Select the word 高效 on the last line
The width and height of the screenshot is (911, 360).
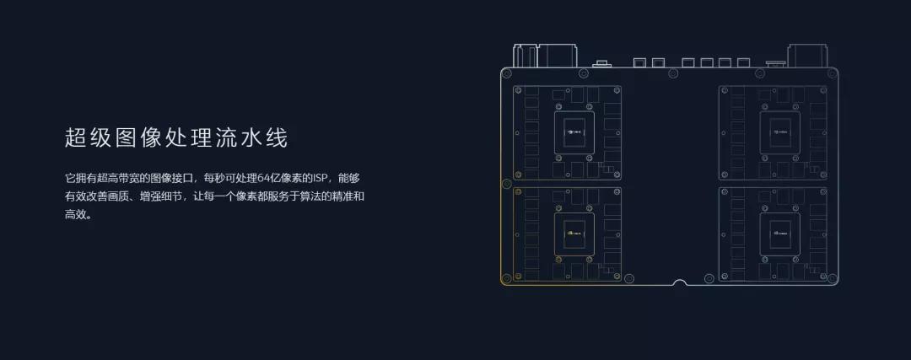pos(75,214)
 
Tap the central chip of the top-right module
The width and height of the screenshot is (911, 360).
pos(779,132)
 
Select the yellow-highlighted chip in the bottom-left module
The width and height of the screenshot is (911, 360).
pos(574,230)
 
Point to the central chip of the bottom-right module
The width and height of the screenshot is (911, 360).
pos(779,230)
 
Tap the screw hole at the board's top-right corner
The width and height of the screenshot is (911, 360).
pos(832,75)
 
